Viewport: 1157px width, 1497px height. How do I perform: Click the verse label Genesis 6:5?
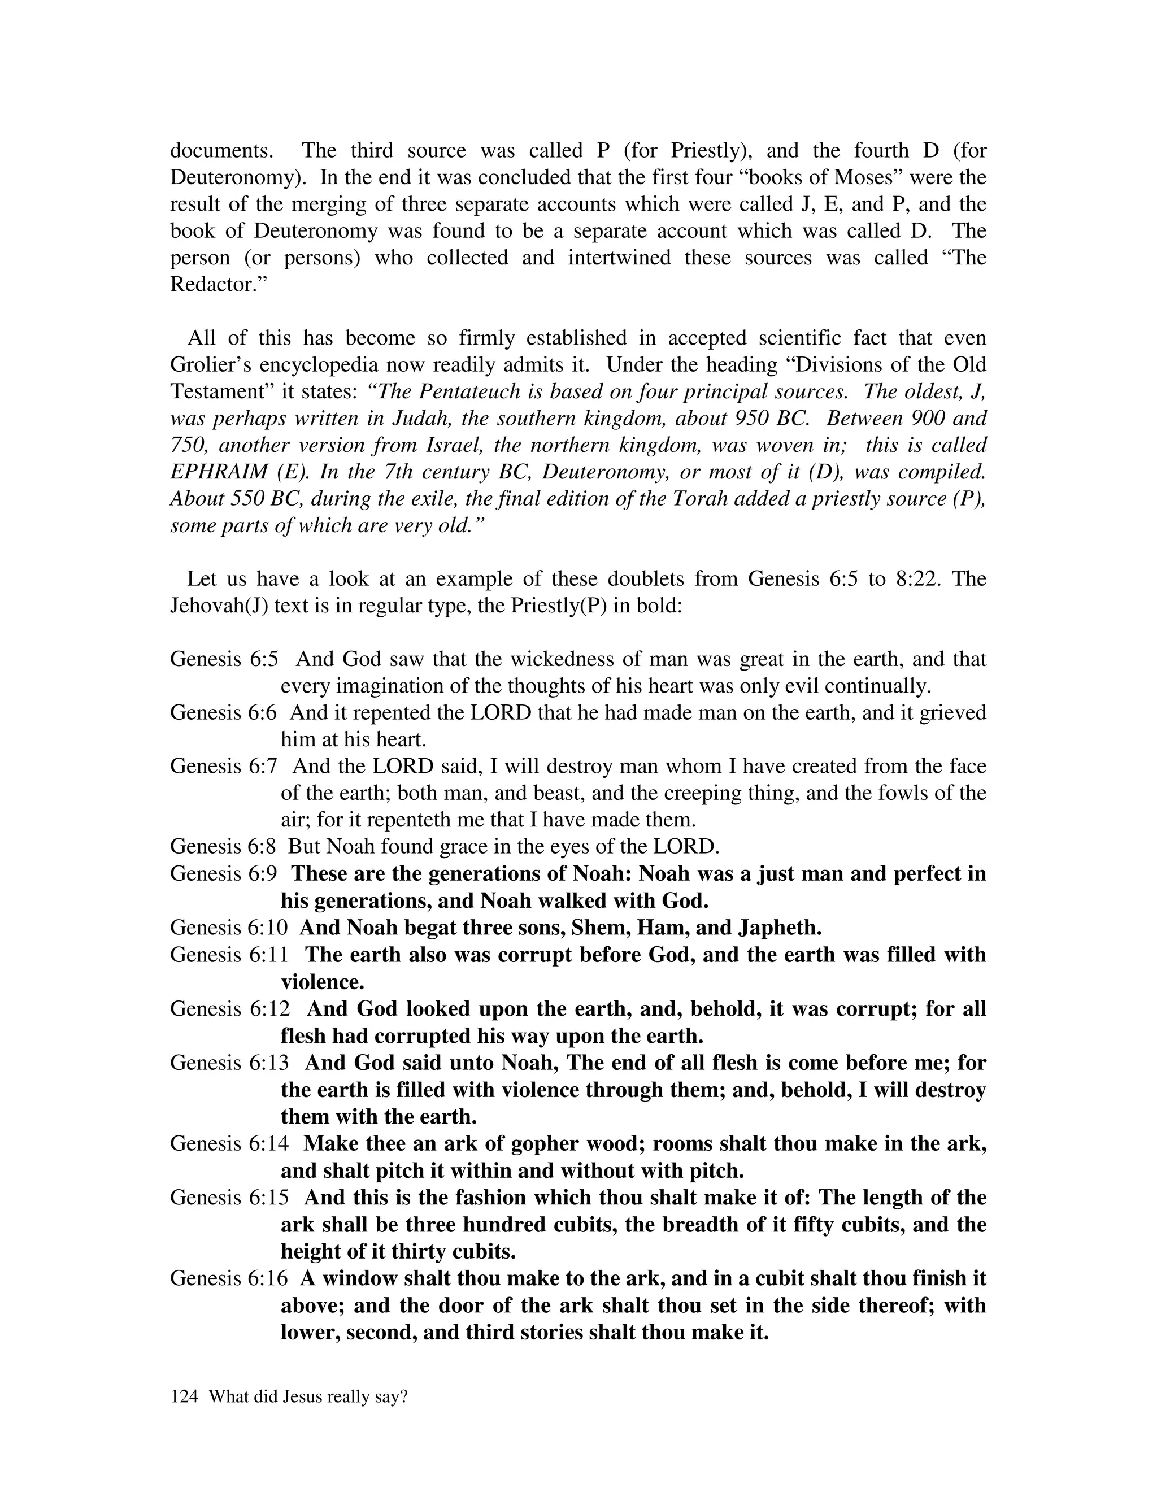coord(224,659)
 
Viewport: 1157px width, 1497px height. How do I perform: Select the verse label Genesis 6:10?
coord(229,928)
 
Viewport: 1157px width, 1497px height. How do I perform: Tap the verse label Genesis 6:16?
coord(229,1278)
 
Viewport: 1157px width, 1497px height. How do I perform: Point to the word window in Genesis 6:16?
coord(359,1278)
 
